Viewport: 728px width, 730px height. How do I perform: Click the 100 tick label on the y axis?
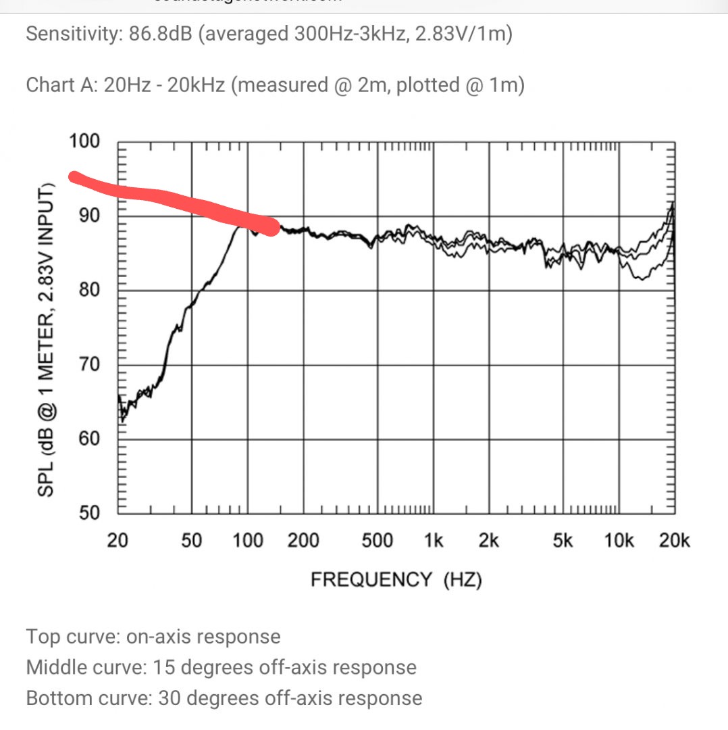[84, 142]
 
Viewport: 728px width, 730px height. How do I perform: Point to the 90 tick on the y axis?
[88, 216]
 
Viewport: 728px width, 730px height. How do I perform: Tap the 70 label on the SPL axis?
[88, 365]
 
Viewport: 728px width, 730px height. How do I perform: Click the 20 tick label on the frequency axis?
[118, 541]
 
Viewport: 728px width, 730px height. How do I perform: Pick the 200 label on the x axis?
[303, 541]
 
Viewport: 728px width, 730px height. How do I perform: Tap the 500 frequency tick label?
[377, 541]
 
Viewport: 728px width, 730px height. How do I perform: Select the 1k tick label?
[433, 541]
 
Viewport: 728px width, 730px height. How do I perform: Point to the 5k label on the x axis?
[563, 541]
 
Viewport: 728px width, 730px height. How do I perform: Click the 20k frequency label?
[675, 541]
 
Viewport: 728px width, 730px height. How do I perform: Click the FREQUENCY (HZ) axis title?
[396, 580]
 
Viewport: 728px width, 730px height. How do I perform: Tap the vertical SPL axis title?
[45, 331]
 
